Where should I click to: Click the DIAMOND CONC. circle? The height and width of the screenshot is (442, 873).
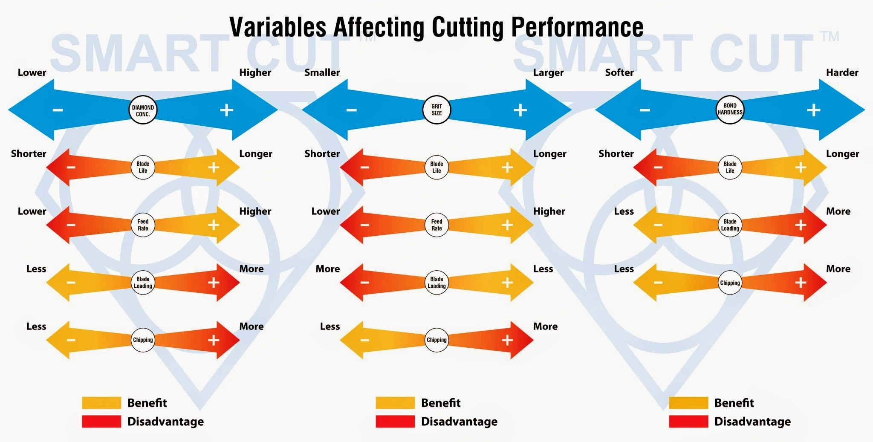[x=143, y=110]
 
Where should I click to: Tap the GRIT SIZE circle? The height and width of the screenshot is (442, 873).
[x=436, y=110]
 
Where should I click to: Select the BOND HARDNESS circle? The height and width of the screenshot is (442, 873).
[x=730, y=109]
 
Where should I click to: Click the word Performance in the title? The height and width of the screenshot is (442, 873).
[x=577, y=27]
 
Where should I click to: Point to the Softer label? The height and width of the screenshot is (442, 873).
[x=619, y=72]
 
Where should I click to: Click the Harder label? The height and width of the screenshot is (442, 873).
[x=842, y=72]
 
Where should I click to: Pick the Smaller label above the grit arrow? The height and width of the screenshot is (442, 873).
[x=322, y=72]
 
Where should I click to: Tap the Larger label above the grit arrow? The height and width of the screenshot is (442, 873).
[x=548, y=72]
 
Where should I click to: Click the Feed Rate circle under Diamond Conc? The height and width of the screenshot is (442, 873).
[x=143, y=225]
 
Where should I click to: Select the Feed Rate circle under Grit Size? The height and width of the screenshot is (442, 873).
[x=436, y=225]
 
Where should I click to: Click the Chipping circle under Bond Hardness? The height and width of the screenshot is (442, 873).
[x=730, y=283]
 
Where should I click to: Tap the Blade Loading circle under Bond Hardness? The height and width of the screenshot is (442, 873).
[x=730, y=225]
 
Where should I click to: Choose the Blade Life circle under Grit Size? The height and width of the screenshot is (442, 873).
[x=436, y=167]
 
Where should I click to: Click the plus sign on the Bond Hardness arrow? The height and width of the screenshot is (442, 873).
[x=813, y=110]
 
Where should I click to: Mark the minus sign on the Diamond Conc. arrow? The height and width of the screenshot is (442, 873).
[x=58, y=110]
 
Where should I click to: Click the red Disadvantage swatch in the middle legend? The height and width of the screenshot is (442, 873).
[x=395, y=422]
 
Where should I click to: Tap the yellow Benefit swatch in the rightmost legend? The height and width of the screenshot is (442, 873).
[x=688, y=403]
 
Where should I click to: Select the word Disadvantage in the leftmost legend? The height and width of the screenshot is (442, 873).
[x=165, y=422]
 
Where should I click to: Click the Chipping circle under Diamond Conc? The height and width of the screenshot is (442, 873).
[x=143, y=340]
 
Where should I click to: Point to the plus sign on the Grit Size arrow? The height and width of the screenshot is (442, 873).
[x=520, y=110]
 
